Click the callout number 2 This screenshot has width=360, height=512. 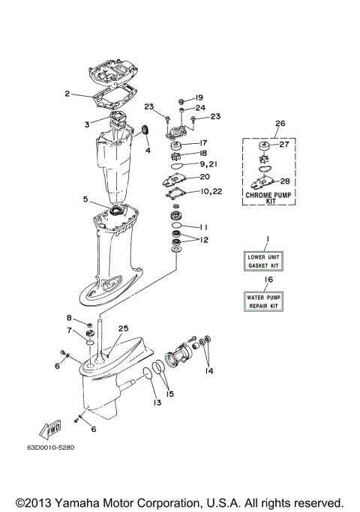[67, 94]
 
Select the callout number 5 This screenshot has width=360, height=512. [86, 199]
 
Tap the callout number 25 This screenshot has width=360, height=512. [123, 329]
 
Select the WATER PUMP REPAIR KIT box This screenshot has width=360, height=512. [268, 302]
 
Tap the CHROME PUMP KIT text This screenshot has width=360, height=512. [268, 197]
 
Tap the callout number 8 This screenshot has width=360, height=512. [69, 319]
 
